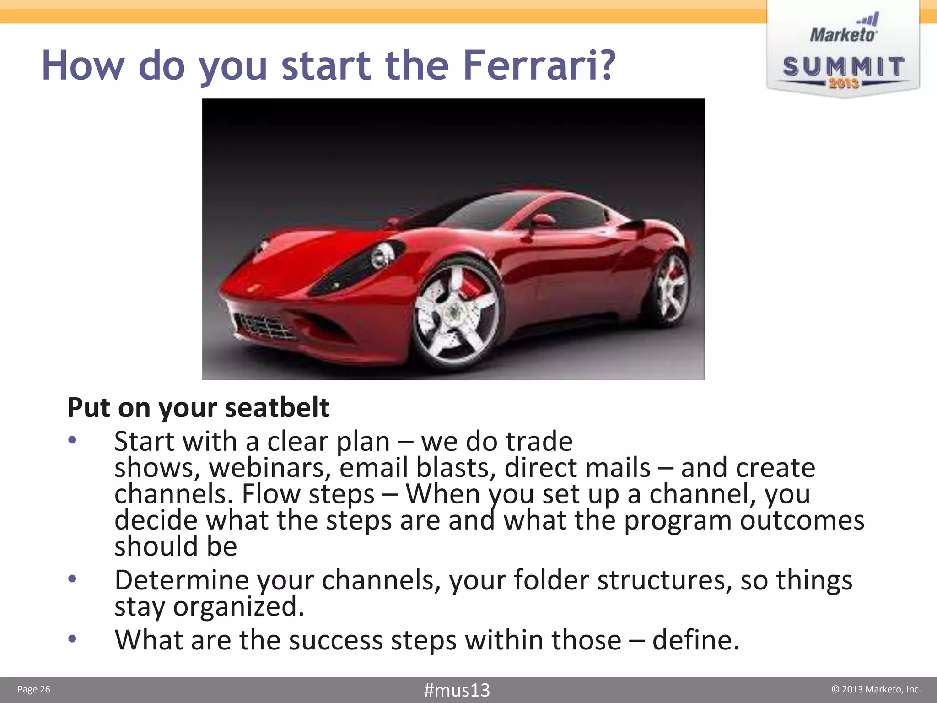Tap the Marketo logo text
click(x=843, y=35)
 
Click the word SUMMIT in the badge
click(x=843, y=67)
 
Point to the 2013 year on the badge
click(x=844, y=83)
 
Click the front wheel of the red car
click(x=455, y=314)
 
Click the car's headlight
click(x=381, y=256)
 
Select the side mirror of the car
click(x=543, y=221)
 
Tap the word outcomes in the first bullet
click(x=802, y=520)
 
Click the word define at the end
click(x=695, y=640)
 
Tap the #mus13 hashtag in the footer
click(x=457, y=690)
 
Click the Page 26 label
click(x=33, y=689)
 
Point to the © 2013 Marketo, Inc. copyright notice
click(x=876, y=689)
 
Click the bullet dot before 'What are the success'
click(x=72, y=638)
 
